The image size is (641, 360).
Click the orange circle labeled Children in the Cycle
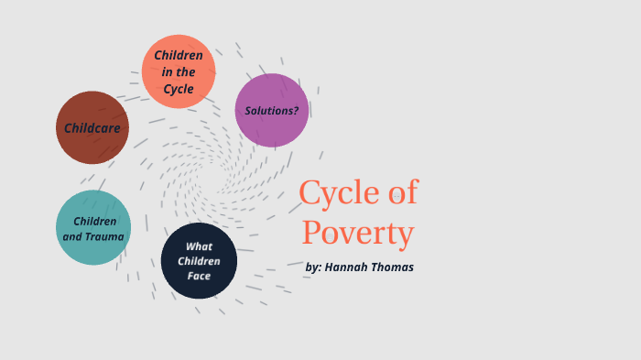(179, 71)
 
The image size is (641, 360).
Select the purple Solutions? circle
(272, 110)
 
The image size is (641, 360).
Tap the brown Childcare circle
(92, 128)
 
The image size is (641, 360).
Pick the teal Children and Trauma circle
(93, 227)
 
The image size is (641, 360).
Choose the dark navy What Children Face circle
(199, 261)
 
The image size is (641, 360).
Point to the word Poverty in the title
(358, 233)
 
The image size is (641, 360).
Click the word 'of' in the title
(399, 193)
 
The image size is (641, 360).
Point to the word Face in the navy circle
(199, 276)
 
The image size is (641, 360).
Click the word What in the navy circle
(199, 246)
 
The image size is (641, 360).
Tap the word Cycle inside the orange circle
(179, 89)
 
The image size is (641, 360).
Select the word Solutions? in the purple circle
(272, 111)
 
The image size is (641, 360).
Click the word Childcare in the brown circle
(92, 128)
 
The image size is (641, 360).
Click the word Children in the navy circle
(199, 261)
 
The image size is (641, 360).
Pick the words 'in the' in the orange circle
(179, 72)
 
